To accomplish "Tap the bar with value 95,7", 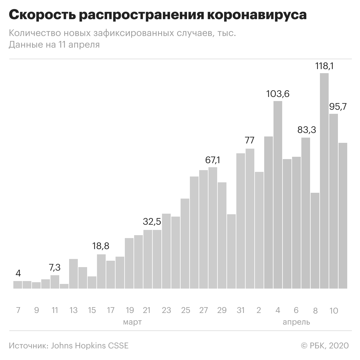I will (334, 201).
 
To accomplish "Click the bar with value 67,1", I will (213, 228).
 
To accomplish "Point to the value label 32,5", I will (152, 222).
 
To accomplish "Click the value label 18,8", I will (101, 246).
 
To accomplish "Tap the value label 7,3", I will (55, 267).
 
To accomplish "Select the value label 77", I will (250, 141).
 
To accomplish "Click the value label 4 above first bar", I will (18, 273).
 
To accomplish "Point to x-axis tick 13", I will (73, 310).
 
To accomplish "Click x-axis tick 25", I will (186, 310).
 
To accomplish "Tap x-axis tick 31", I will (240, 310).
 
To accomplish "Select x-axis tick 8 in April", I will (315, 311).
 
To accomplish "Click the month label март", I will (132, 322).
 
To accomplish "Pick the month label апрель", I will (296, 322).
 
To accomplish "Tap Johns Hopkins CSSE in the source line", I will (90, 345).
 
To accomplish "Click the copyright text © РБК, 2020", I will (325, 345).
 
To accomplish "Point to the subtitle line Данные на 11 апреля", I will (54, 45).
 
